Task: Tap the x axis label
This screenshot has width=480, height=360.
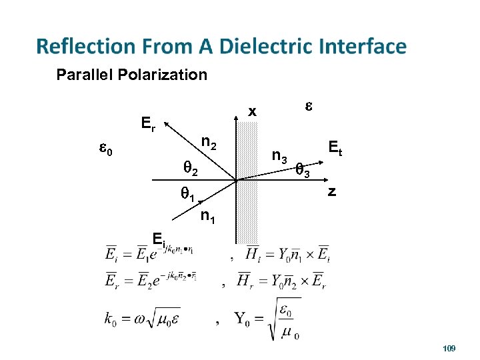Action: click(252, 112)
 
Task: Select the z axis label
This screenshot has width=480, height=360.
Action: click(331, 193)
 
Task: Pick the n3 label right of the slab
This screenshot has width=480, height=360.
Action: click(280, 157)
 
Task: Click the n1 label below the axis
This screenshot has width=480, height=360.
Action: click(209, 215)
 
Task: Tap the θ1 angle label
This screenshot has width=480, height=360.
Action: click(187, 195)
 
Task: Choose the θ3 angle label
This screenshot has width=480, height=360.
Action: click(303, 172)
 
